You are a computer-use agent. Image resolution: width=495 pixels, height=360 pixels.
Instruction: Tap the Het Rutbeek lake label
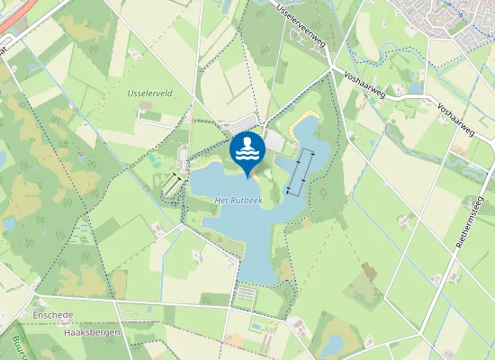pos(238,201)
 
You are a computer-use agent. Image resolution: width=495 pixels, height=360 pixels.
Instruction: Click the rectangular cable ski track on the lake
pos(301,171)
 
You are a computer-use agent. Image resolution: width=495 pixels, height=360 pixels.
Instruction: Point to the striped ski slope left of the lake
pos(171,184)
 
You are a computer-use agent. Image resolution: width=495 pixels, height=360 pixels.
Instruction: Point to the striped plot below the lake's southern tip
pos(245,295)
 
